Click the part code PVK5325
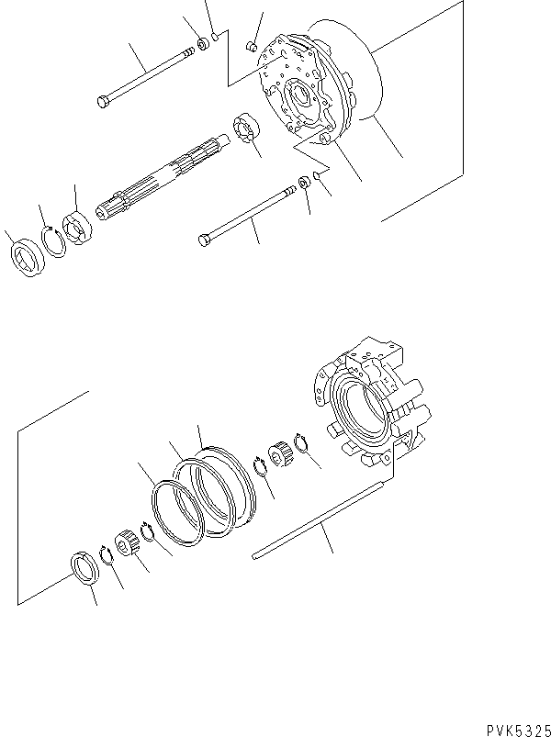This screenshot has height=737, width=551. (518, 730)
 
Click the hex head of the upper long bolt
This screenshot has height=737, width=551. (103, 101)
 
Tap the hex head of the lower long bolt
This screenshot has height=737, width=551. (205, 240)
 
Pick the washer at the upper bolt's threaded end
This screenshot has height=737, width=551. (203, 44)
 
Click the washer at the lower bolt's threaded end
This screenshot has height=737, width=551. (304, 182)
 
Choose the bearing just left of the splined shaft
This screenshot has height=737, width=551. (76, 228)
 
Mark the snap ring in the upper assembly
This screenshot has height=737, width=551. (53, 241)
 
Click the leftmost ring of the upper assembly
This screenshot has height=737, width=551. (28, 258)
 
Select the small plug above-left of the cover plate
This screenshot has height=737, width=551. (251, 46)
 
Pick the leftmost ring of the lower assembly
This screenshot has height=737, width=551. (84, 569)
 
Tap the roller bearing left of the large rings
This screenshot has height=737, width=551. (126, 542)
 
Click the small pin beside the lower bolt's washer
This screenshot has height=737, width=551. (317, 175)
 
